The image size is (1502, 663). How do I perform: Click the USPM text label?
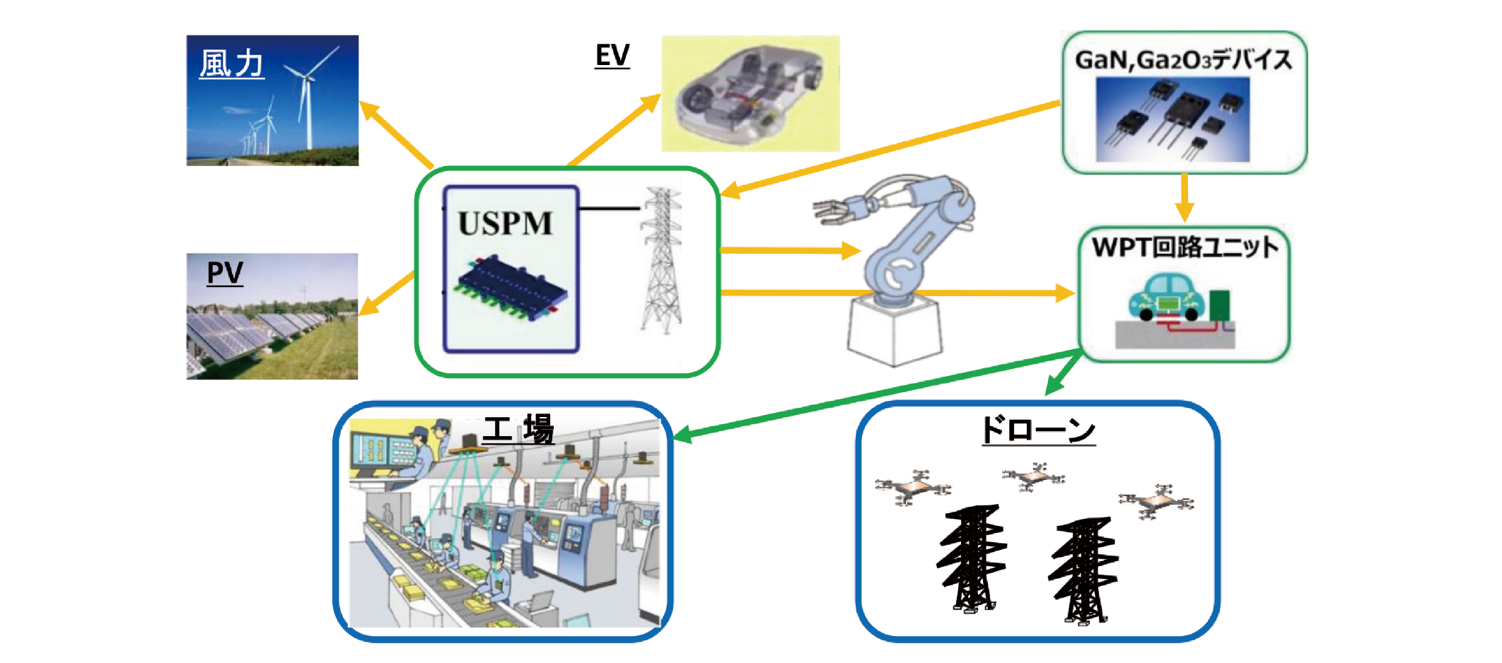pos(505,223)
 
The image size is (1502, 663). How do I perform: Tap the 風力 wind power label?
pos(232,64)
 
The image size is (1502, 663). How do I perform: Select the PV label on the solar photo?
pos(225,273)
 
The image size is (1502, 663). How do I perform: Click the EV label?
pos(612,56)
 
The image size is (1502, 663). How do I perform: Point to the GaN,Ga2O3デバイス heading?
pos(1183,60)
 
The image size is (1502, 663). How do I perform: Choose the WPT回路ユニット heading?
pos(1184,247)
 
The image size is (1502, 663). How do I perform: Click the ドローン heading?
pos(1037,430)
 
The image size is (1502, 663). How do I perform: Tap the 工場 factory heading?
pos(518,430)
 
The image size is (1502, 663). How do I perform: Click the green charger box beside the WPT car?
pos(1219,305)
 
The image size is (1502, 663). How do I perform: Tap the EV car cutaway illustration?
pos(750,93)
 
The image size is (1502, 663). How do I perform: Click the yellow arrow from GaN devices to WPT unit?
pos(1184,198)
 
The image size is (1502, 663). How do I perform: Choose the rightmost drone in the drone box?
pos(1155,502)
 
